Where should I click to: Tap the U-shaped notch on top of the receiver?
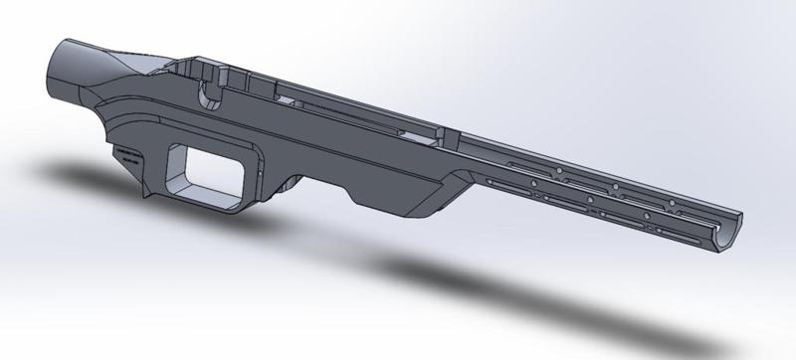pos(209,95)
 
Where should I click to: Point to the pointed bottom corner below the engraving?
pos(147,192)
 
